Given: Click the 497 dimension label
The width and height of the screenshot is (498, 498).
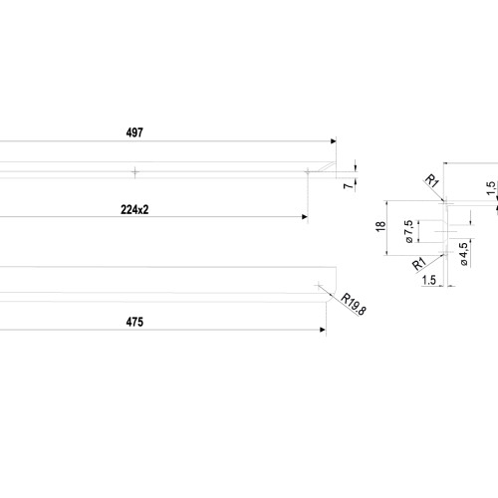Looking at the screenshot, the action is (134, 132).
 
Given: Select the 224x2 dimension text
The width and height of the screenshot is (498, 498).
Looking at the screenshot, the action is (134, 210).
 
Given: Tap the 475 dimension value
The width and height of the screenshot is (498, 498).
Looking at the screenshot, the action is (134, 322).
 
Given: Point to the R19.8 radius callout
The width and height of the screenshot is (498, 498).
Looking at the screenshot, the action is (354, 304).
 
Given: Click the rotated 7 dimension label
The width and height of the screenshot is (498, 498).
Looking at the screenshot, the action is (349, 185).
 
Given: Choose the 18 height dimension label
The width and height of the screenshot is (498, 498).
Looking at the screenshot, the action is (380, 226).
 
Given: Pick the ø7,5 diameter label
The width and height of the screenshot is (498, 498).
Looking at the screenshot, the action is (409, 231).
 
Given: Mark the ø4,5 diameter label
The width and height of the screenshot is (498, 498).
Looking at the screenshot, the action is (464, 254).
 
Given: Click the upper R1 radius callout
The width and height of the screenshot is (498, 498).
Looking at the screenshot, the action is (432, 181).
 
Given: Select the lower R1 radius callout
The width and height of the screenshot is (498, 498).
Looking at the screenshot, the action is (419, 264).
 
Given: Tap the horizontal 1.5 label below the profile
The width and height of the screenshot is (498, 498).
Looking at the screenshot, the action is (429, 280).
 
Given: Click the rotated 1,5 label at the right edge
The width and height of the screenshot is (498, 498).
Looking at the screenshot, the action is (491, 188).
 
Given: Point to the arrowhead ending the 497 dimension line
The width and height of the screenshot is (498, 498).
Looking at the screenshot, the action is (334, 141).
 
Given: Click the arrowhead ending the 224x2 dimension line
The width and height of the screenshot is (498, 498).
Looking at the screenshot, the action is (305, 217).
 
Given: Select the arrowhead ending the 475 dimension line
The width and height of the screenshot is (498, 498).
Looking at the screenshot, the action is (323, 330).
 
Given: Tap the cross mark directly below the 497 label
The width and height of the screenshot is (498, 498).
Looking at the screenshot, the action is (134, 172).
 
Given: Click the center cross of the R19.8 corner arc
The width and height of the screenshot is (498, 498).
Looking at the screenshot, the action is (319, 285).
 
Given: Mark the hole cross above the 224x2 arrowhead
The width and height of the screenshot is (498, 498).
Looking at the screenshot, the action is (308, 172).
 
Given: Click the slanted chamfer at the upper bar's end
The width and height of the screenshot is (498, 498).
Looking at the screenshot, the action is (326, 166).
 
